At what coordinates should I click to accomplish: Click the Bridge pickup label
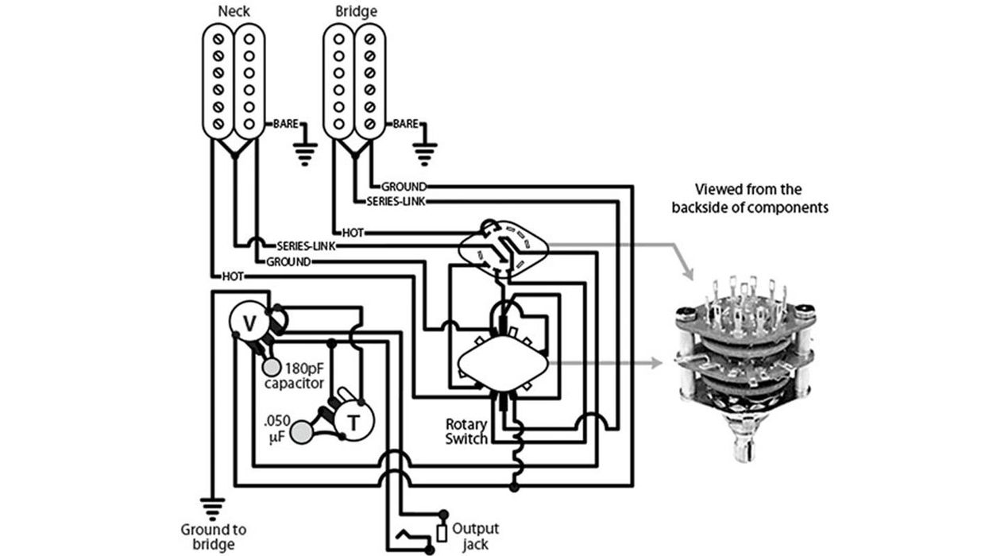pos(357,12)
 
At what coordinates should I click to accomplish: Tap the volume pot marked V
pos(249,322)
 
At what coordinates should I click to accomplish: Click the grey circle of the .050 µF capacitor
pos(301,431)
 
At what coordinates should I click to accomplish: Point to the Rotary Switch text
pos(466,431)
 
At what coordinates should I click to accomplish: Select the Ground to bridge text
pos(213,536)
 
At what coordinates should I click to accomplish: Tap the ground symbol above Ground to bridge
pos(213,506)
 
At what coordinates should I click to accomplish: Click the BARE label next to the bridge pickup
pos(405,125)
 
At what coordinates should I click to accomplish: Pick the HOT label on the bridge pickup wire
pos(353,233)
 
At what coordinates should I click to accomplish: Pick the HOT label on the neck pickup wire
pos(233,276)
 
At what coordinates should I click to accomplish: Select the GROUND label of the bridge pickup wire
pos(404,186)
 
